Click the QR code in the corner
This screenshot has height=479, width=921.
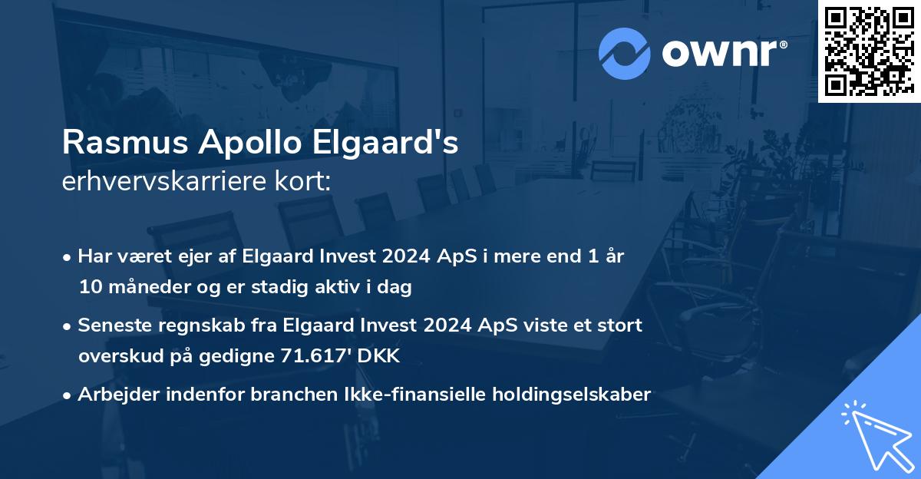coord(869,51)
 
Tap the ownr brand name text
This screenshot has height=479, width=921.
coord(723,54)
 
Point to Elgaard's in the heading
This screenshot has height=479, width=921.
coord(377,144)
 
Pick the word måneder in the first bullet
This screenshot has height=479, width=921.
coord(143,288)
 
